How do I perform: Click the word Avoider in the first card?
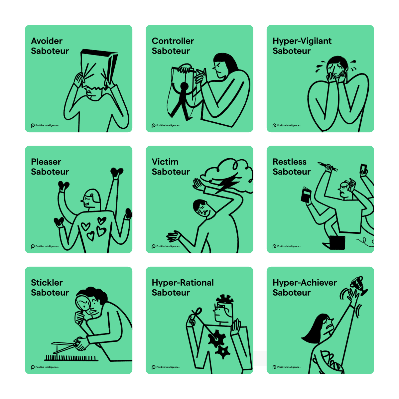coord(47,41)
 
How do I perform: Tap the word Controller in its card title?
coord(173,41)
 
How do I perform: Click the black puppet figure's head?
coord(184,86)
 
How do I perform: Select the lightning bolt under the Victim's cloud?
coord(227,183)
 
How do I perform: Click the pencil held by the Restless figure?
coord(328,167)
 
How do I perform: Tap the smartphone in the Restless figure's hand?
coord(363,169)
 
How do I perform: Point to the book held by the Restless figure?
coord(306,195)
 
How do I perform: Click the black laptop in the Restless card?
coord(337,243)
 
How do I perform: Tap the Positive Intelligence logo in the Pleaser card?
coord(45,246)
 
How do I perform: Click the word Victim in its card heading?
coord(165,162)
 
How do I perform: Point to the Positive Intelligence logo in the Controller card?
coord(166,125)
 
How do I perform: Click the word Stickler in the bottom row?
coord(47,283)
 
